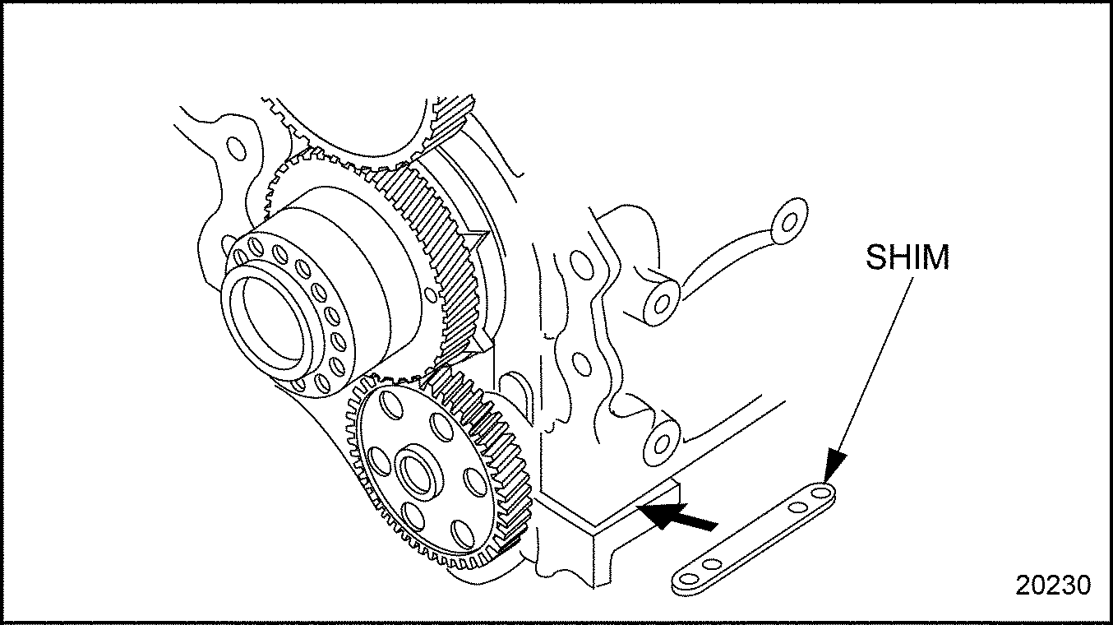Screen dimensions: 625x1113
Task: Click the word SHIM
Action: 907,257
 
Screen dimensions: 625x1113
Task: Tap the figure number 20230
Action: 1053,585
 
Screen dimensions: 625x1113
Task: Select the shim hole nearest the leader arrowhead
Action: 820,493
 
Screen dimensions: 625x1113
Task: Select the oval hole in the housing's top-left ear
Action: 235,149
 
